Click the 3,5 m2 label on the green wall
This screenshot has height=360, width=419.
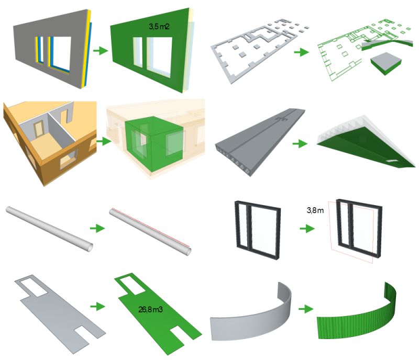(x=159, y=25)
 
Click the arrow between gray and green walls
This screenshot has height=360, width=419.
(x=98, y=51)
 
